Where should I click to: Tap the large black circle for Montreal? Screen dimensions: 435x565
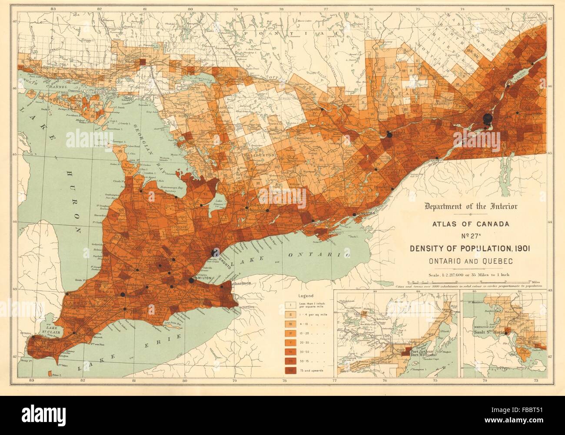click(487, 118)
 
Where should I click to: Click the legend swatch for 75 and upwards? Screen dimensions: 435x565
click(290, 370)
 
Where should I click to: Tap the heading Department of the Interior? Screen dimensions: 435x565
click(466, 206)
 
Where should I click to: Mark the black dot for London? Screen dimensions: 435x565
click(123, 294)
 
